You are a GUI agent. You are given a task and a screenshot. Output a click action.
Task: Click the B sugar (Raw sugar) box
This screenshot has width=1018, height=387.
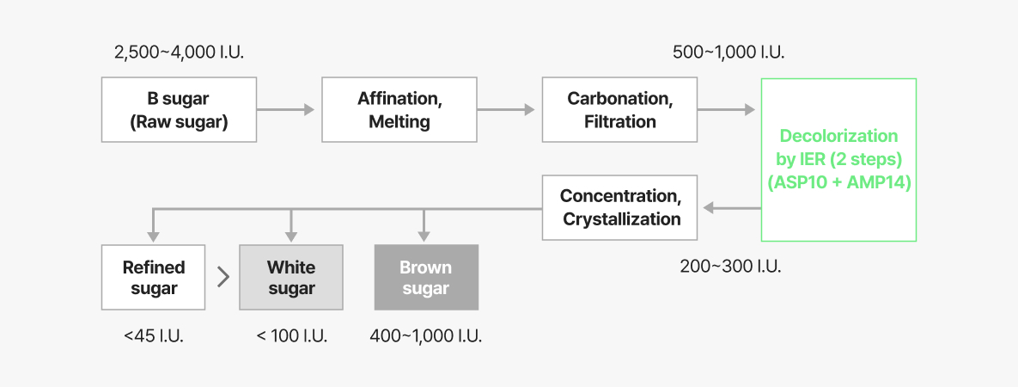[179, 109]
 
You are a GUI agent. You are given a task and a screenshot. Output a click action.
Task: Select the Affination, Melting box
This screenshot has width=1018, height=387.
[399, 109]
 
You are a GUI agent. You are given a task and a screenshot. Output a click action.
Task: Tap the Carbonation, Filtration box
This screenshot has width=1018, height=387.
[620, 109]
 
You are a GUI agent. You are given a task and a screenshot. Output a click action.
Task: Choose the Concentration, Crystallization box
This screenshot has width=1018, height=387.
[620, 207]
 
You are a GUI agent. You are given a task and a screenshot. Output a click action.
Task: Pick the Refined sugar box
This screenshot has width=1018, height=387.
[153, 277]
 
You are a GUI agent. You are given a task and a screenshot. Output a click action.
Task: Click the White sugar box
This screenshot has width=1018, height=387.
[291, 277]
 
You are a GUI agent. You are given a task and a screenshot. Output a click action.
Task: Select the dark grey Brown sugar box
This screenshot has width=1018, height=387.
[427, 277]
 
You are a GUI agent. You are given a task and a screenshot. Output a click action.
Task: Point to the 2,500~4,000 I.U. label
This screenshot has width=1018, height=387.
[180, 52]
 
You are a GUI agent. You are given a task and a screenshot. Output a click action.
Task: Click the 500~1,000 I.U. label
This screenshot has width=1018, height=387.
[728, 52]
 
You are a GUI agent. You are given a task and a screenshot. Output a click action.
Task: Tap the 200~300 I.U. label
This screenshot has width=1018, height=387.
[730, 266]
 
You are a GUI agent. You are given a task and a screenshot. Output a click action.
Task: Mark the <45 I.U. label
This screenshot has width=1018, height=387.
[154, 336]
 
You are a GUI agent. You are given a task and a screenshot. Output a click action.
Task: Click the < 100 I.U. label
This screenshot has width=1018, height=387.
[291, 336]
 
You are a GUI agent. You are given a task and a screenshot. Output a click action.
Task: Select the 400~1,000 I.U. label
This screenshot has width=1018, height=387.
[426, 336]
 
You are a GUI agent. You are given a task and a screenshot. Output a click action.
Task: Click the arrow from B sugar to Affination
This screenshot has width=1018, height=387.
[286, 109]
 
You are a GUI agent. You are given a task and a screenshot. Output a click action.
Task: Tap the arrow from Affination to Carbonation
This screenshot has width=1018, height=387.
[506, 109]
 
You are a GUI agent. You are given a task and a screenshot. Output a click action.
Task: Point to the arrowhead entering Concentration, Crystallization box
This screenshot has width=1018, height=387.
[709, 208]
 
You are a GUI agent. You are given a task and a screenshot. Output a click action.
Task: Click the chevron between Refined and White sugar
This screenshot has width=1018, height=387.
[223, 277]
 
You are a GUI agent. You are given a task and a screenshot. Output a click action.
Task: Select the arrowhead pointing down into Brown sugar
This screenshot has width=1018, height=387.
[424, 236]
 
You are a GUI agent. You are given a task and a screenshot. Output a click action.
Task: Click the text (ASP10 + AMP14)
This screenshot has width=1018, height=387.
[839, 183]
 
